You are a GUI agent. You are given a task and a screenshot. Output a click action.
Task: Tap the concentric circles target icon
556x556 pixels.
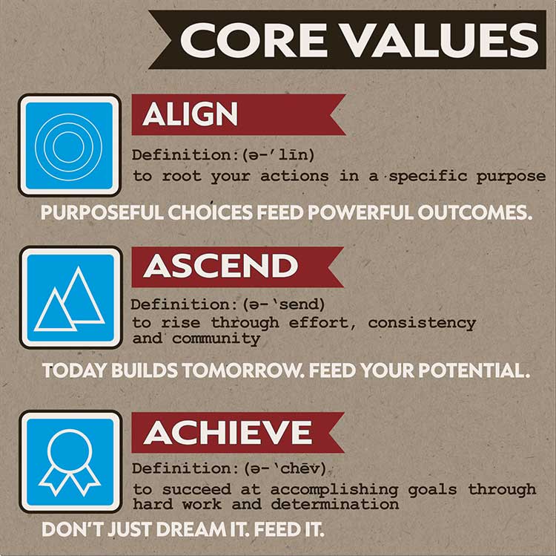tap(68, 145)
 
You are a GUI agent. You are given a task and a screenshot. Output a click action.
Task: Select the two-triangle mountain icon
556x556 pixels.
tap(70, 298)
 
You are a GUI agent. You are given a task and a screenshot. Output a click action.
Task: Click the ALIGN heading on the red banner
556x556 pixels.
tap(190, 114)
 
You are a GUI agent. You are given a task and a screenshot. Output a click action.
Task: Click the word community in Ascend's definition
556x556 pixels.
tap(216, 338)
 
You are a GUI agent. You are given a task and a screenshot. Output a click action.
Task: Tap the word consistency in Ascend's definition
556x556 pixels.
tap(421, 324)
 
